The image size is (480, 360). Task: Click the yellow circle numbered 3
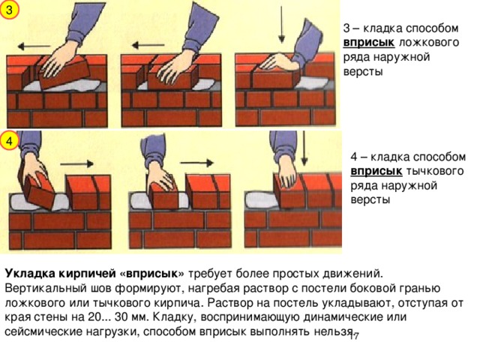(9, 10)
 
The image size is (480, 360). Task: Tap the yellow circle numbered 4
(9, 141)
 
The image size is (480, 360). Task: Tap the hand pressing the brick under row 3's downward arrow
(280, 63)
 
